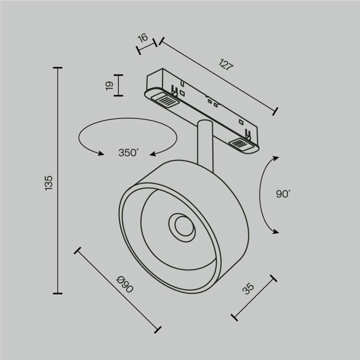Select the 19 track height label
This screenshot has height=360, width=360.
coord(109,85)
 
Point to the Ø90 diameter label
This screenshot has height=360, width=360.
coord(125,284)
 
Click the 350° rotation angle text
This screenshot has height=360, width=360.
coord(129,153)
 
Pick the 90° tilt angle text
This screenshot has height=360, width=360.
coord(283,194)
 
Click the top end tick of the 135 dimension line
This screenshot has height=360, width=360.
coord(58,68)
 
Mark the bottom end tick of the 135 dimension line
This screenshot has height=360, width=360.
coord(58,293)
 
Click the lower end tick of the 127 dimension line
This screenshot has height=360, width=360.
coord(276,110)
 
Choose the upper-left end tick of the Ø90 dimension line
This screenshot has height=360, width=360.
coord(78,251)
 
